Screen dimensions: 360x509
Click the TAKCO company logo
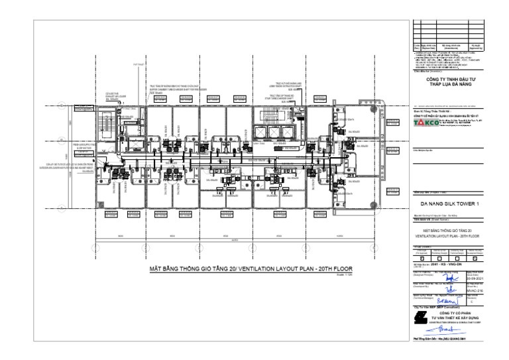click(x=423, y=123)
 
